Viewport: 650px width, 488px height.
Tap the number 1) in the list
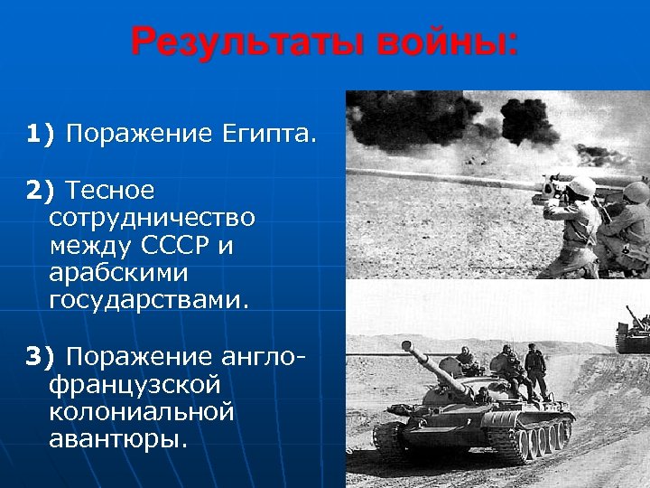click(41, 135)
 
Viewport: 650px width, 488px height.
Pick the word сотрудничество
click(153, 218)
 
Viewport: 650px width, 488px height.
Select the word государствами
click(148, 300)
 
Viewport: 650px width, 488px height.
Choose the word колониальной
click(142, 411)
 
